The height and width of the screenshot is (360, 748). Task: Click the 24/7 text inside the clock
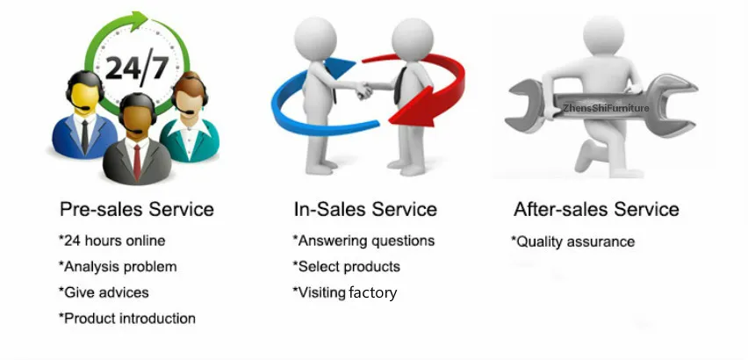(136, 68)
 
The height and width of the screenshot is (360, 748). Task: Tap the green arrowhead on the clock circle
(140, 20)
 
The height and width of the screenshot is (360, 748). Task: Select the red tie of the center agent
(137, 162)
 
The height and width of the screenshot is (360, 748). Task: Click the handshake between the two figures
(364, 90)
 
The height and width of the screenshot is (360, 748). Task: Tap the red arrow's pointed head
(414, 110)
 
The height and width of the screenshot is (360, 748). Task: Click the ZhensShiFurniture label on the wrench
(606, 108)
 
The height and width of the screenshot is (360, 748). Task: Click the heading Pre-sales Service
(137, 209)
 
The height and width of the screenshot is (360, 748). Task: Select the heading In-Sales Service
(365, 209)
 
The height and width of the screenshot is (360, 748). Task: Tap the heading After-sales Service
(596, 209)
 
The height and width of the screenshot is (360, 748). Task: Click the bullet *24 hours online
(111, 241)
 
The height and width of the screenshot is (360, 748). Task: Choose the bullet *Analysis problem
(118, 267)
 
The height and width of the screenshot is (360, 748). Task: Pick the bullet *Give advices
(104, 292)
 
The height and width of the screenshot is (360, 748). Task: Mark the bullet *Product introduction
(127, 318)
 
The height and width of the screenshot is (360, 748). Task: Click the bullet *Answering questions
(363, 241)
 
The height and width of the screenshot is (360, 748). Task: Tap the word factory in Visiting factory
(372, 292)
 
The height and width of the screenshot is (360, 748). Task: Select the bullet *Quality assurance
(573, 241)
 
